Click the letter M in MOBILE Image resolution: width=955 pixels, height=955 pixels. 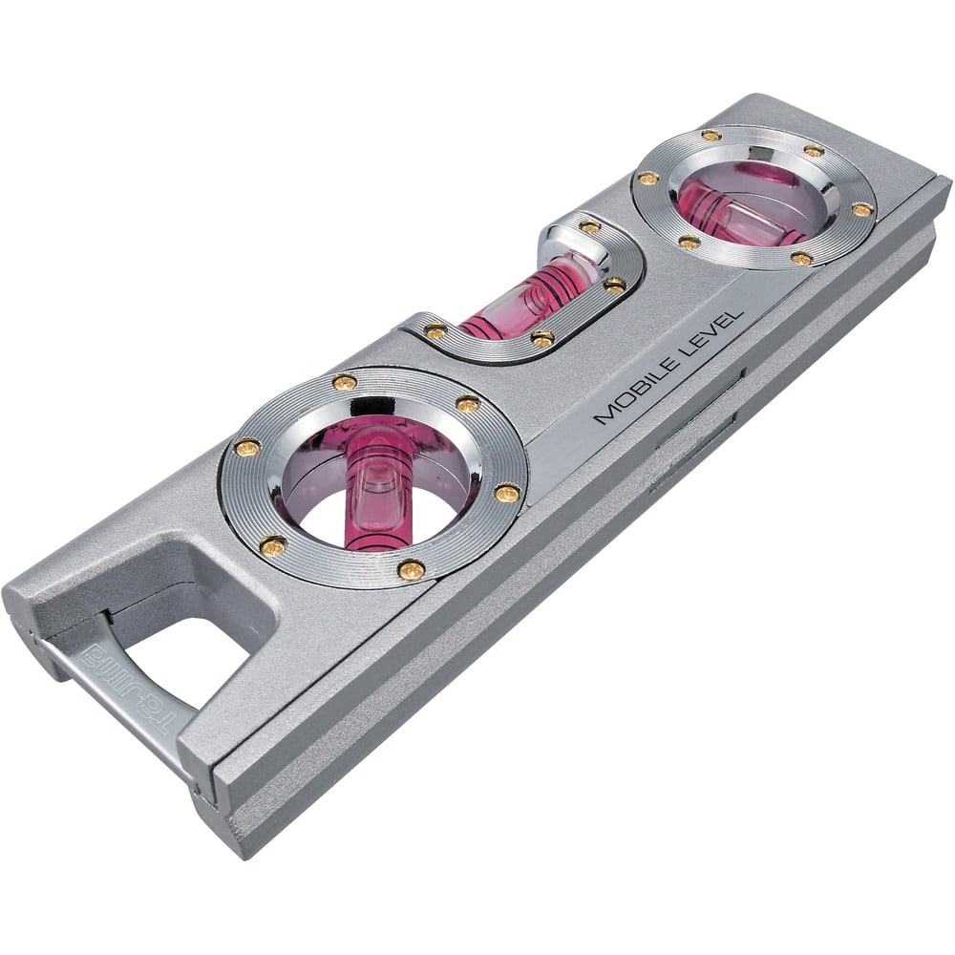604,415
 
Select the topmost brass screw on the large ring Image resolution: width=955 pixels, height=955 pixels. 344,382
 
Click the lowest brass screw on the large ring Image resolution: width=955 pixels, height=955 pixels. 411,570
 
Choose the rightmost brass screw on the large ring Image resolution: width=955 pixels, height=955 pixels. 508,493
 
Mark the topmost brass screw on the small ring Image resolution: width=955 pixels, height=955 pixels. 711,135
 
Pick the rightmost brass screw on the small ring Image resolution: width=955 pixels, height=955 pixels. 861,209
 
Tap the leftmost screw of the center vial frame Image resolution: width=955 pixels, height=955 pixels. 435,331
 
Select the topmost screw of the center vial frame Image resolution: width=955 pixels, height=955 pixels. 590,227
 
